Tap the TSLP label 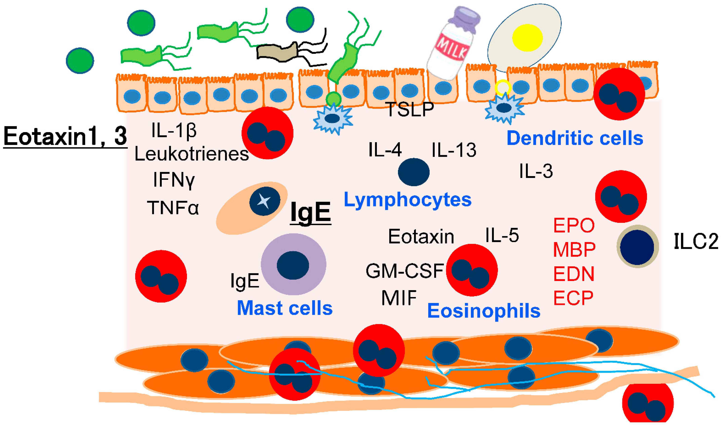(x=410, y=110)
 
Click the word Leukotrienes (x=192, y=154)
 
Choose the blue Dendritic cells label (x=575, y=138)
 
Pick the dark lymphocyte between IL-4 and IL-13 (x=413, y=172)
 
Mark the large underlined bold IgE (x=310, y=212)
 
